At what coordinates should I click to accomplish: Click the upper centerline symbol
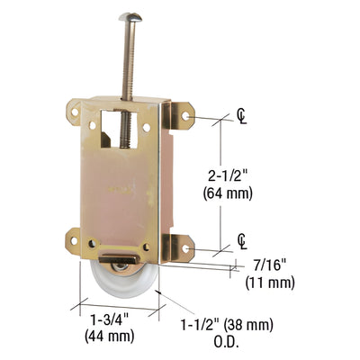tap(242, 115)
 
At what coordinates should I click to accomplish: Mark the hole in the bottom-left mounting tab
tap(74, 238)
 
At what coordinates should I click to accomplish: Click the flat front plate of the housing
tap(121, 189)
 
